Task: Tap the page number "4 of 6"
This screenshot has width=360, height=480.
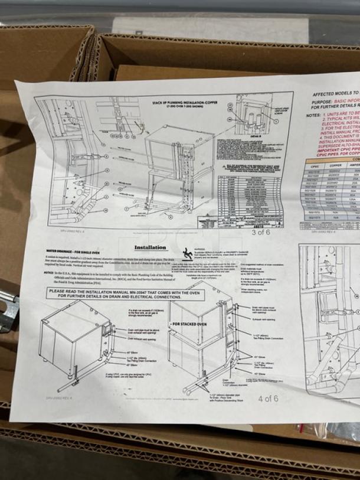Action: (267, 398)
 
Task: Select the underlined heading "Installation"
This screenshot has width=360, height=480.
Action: (150, 248)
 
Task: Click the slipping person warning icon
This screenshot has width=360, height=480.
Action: (188, 253)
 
